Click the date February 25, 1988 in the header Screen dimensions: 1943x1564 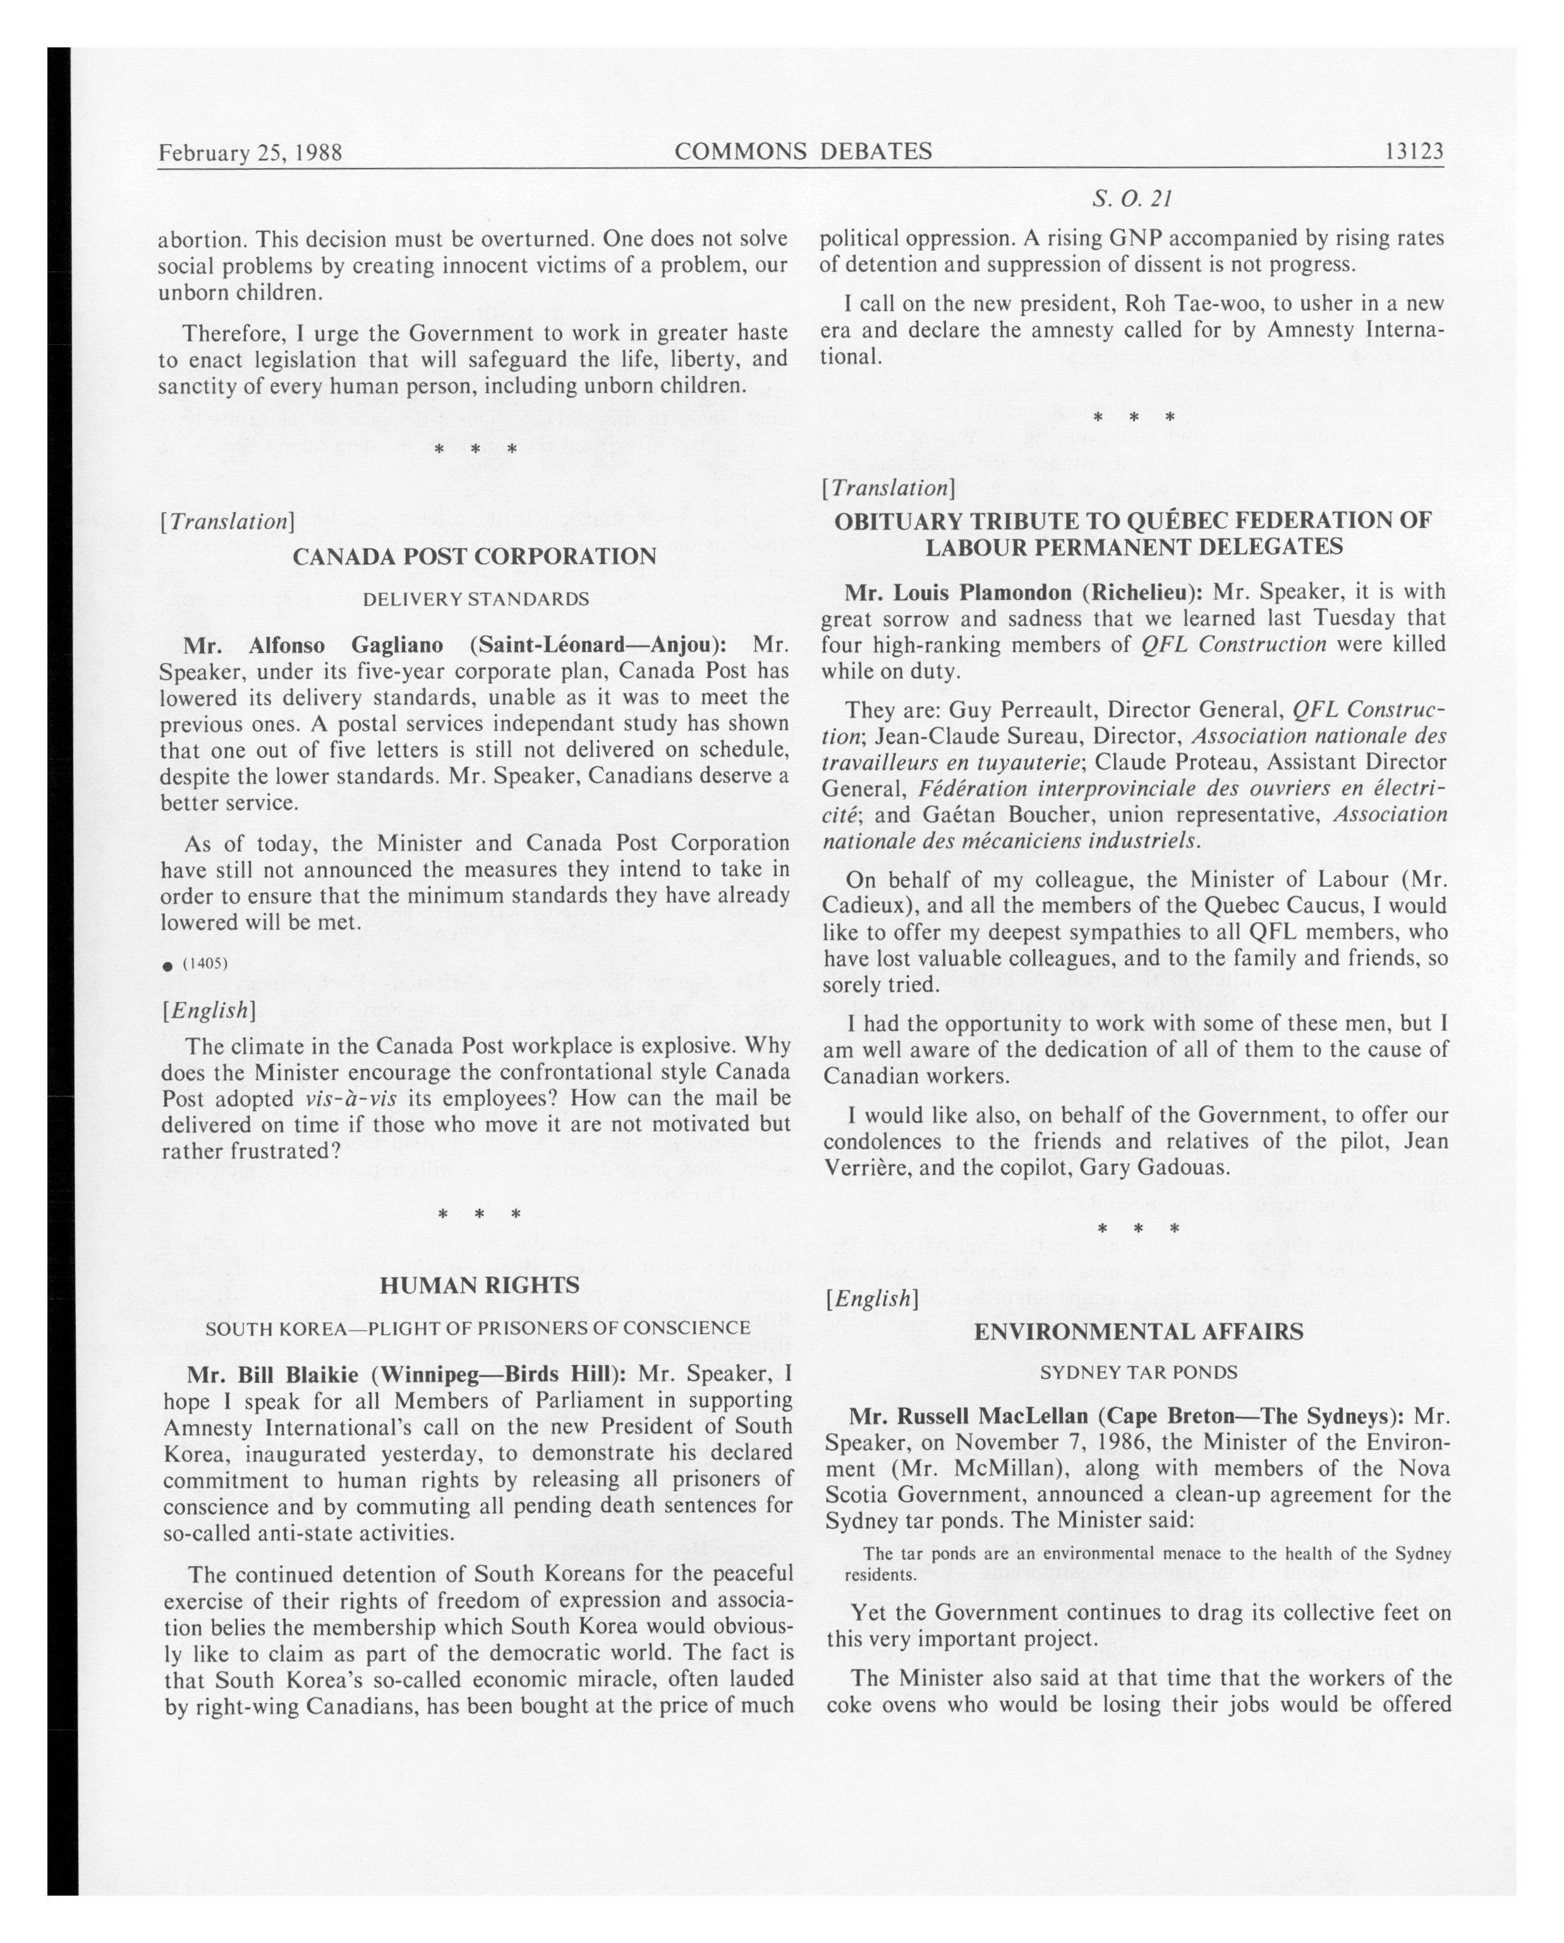(x=250, y=152)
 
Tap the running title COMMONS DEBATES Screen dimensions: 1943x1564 (x=803, y=152)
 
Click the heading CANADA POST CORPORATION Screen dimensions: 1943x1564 (x=474, y=556)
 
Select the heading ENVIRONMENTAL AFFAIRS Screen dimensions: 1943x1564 (x=1137, y=1332)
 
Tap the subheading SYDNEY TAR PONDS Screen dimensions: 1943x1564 (x=1137, y=1373)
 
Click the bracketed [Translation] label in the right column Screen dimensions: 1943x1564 (x=887, y=488)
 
